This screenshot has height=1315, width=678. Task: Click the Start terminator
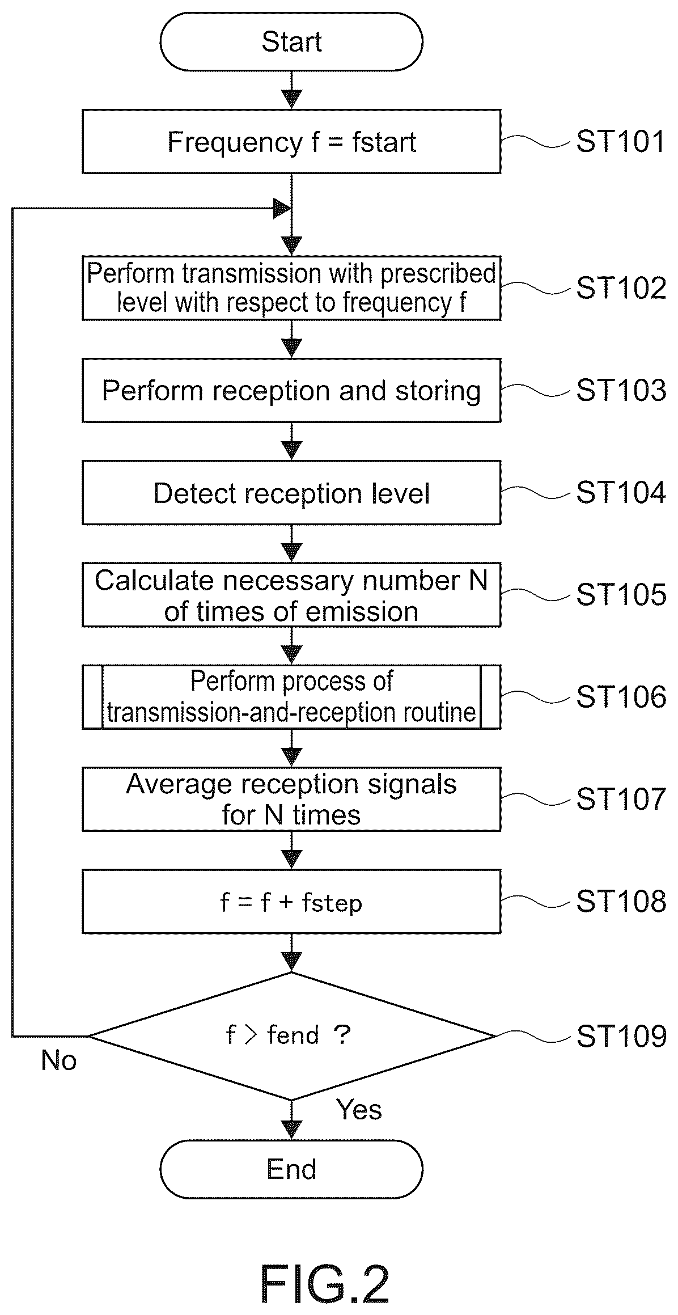291,42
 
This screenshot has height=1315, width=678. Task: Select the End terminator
291,1169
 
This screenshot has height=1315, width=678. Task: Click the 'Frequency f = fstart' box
291,141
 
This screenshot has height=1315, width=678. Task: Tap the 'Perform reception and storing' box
291,390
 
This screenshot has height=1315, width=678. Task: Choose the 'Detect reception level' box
291,492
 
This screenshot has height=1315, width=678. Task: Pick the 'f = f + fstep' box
291,901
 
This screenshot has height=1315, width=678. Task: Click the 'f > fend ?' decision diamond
291,1036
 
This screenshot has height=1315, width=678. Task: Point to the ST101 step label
621,141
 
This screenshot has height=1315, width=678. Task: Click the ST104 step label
621,492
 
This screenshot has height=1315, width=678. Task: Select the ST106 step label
621,696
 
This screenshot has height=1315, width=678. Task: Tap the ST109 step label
621,1036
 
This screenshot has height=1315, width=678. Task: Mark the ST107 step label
621,798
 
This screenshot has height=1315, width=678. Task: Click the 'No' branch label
59,1060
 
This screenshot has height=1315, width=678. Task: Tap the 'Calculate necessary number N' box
291,594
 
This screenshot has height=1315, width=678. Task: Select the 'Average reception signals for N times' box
291,799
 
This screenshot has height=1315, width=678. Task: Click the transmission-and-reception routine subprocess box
291,696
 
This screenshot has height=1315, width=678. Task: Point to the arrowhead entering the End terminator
291,1130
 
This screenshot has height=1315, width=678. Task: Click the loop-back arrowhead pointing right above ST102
282,209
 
